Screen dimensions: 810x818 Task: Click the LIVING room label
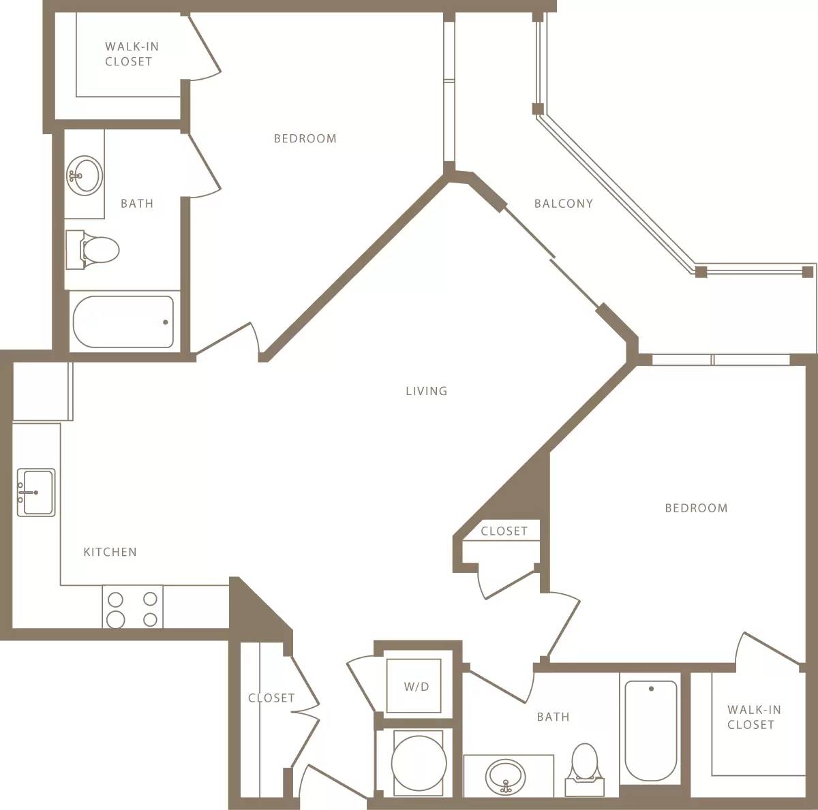(426, 391)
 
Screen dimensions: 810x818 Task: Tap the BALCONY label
(563, 203)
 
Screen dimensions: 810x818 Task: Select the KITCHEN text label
(110, 552)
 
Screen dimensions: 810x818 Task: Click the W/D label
(416, 687)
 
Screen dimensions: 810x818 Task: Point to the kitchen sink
(35, 492)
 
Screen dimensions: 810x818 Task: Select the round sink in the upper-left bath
(84, 175)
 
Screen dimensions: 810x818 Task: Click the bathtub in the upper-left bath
(123, 322)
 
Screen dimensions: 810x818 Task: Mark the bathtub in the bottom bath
(651, 730)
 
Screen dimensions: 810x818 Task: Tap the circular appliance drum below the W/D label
(418, 762)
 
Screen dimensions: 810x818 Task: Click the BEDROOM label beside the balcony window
(305, 138)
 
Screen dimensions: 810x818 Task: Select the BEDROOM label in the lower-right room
(696, 508)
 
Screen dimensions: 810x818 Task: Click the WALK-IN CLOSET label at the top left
(131, 54)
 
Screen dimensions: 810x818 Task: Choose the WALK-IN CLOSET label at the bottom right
(753, 717)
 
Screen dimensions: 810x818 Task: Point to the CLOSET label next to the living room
(504, 531)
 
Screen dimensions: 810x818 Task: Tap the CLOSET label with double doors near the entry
(271, 698)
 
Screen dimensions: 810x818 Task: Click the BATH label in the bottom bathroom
(553, 717)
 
